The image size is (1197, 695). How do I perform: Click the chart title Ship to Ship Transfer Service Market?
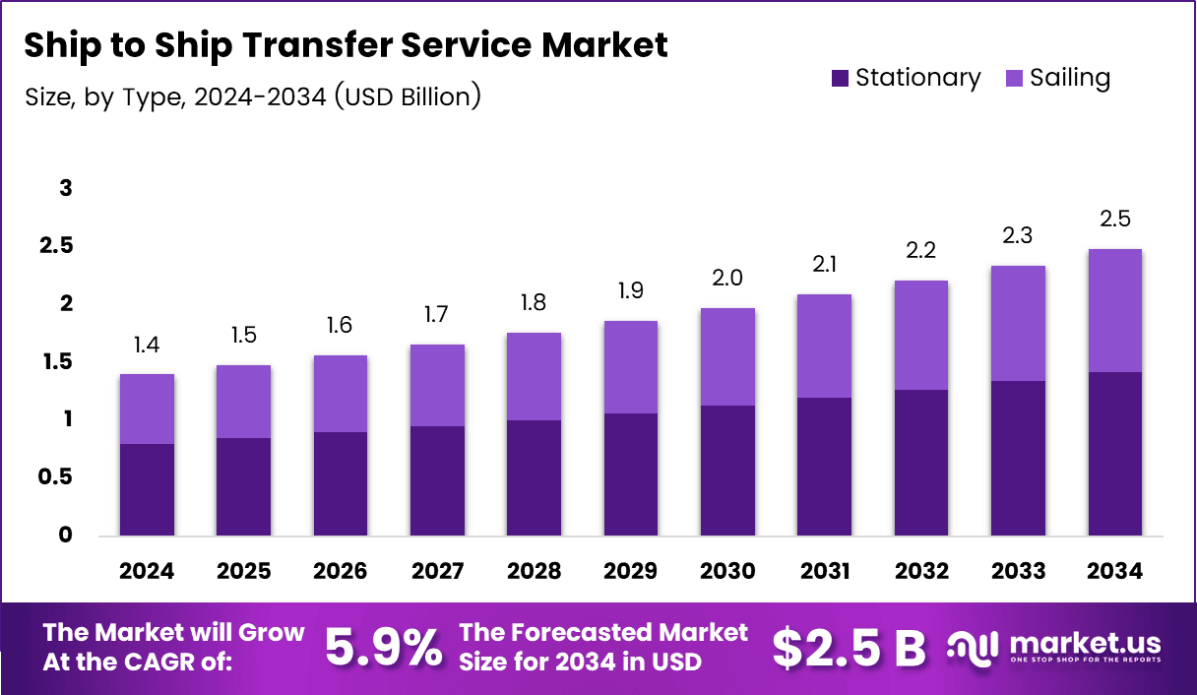coord(346,45)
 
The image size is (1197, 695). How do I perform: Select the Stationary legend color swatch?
coord(840,79)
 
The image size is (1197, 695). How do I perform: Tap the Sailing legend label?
coord(1070,79)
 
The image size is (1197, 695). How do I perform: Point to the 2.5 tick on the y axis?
coord(56,246)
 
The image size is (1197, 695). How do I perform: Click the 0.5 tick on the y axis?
coord(56,477)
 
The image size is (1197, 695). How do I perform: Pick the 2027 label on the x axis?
coord(437,572)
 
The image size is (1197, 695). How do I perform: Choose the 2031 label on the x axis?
coord(824,572)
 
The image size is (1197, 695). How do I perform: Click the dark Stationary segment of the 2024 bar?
coord(147,490)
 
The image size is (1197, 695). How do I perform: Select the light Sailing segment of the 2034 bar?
coord(1114,310)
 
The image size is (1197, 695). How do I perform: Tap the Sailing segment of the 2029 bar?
coord(630,367)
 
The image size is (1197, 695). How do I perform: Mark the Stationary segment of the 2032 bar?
coord(921,463)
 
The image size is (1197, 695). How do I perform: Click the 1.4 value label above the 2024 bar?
coord(147,345)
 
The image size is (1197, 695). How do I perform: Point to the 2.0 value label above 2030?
coord(727,279)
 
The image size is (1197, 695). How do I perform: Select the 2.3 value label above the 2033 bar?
coord(1018,236)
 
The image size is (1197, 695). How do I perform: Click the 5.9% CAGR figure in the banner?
coord(383,647)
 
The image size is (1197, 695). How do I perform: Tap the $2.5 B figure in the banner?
coord(849,647)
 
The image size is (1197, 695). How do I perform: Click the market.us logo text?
coord(1084,644)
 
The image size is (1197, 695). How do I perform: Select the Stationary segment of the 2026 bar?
coord(341,484)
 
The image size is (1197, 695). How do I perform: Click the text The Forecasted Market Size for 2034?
coord(603,647)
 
